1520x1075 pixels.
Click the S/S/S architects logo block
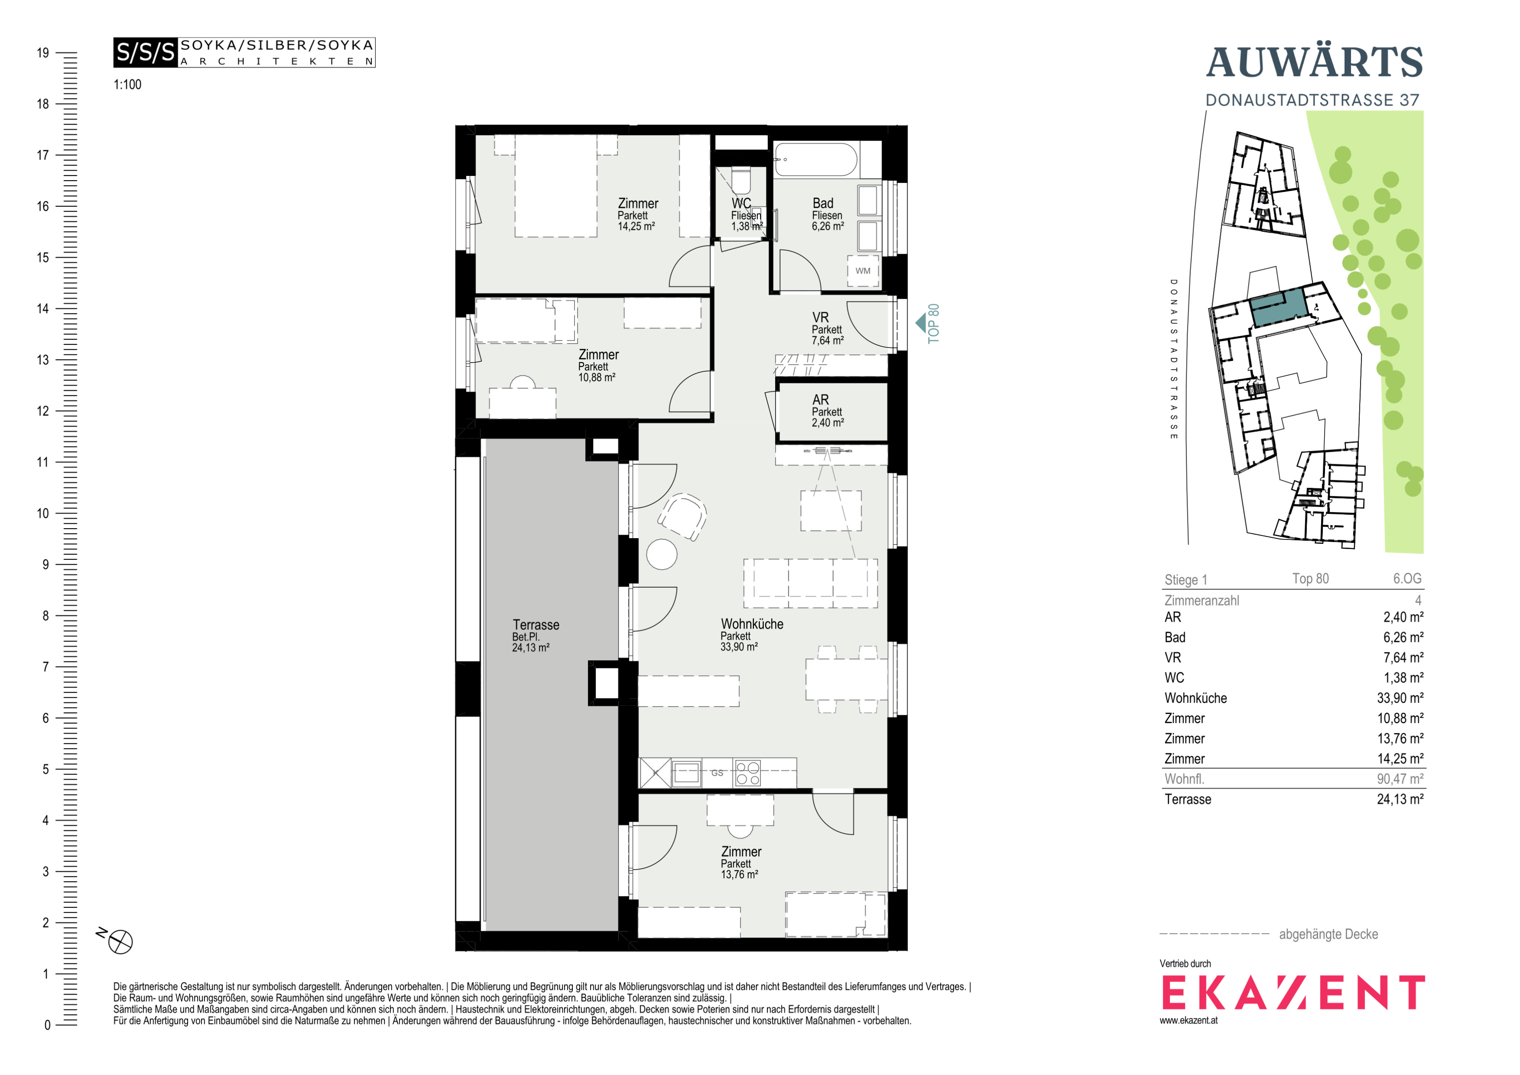click(244, 52)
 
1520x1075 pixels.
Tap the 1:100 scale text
click(128, 85)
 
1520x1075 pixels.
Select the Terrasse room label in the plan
click(535, 625)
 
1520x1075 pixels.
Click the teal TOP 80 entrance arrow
click(920, 323)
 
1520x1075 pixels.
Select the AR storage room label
click(821, 400)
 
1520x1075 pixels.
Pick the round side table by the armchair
click(661, 554)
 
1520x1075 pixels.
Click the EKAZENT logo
click(1293, 992)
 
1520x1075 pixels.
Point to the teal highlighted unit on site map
click(1278, 307)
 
